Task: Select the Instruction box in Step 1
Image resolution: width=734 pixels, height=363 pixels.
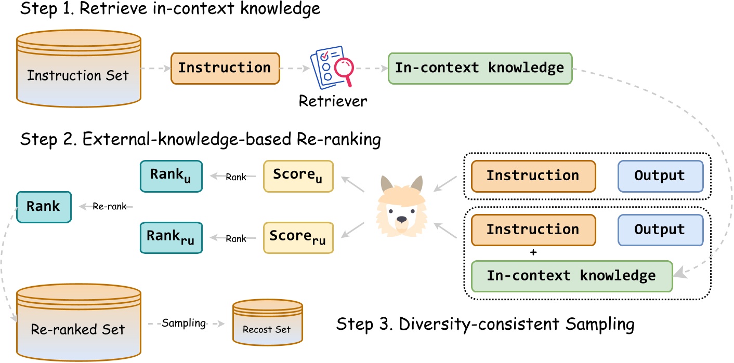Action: pos(225,68)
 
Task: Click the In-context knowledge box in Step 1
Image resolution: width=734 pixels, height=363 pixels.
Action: pos(480,68)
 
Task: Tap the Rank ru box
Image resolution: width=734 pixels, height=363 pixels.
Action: pos(171,238)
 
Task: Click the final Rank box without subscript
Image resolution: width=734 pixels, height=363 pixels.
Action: pos(44,207)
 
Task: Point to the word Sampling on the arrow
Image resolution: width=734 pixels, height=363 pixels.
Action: pos(184,323)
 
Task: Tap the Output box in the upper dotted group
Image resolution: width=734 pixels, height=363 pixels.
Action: pos(660,176)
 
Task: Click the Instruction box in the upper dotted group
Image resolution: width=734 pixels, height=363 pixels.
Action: pos(533,176)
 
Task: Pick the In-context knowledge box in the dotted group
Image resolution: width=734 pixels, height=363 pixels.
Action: pos(571,276)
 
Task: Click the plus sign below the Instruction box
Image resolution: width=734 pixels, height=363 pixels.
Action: pos(532,252)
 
